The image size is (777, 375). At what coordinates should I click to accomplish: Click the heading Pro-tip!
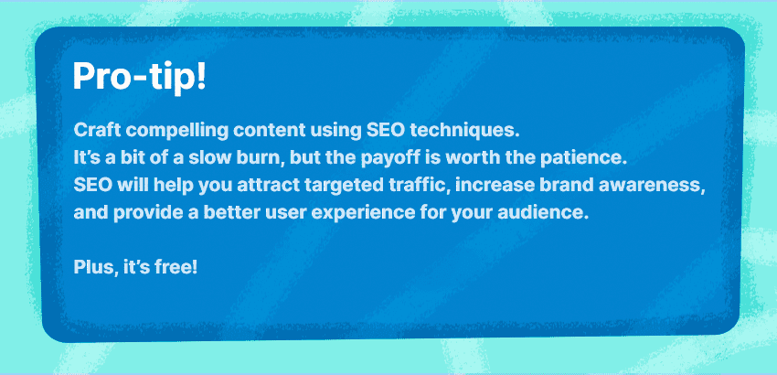tap(139, 77)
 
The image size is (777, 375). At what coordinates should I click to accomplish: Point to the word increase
tap(495, 187)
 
